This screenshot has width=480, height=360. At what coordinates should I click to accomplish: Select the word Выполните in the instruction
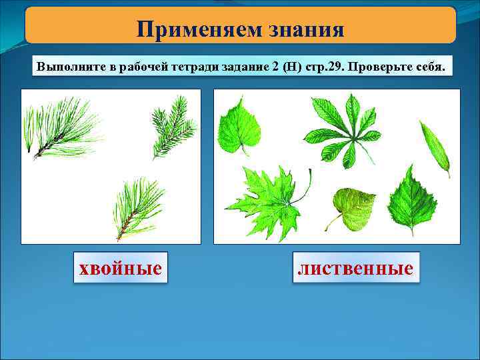pos(68,68)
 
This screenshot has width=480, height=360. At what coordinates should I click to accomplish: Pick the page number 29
pos(332,68)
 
